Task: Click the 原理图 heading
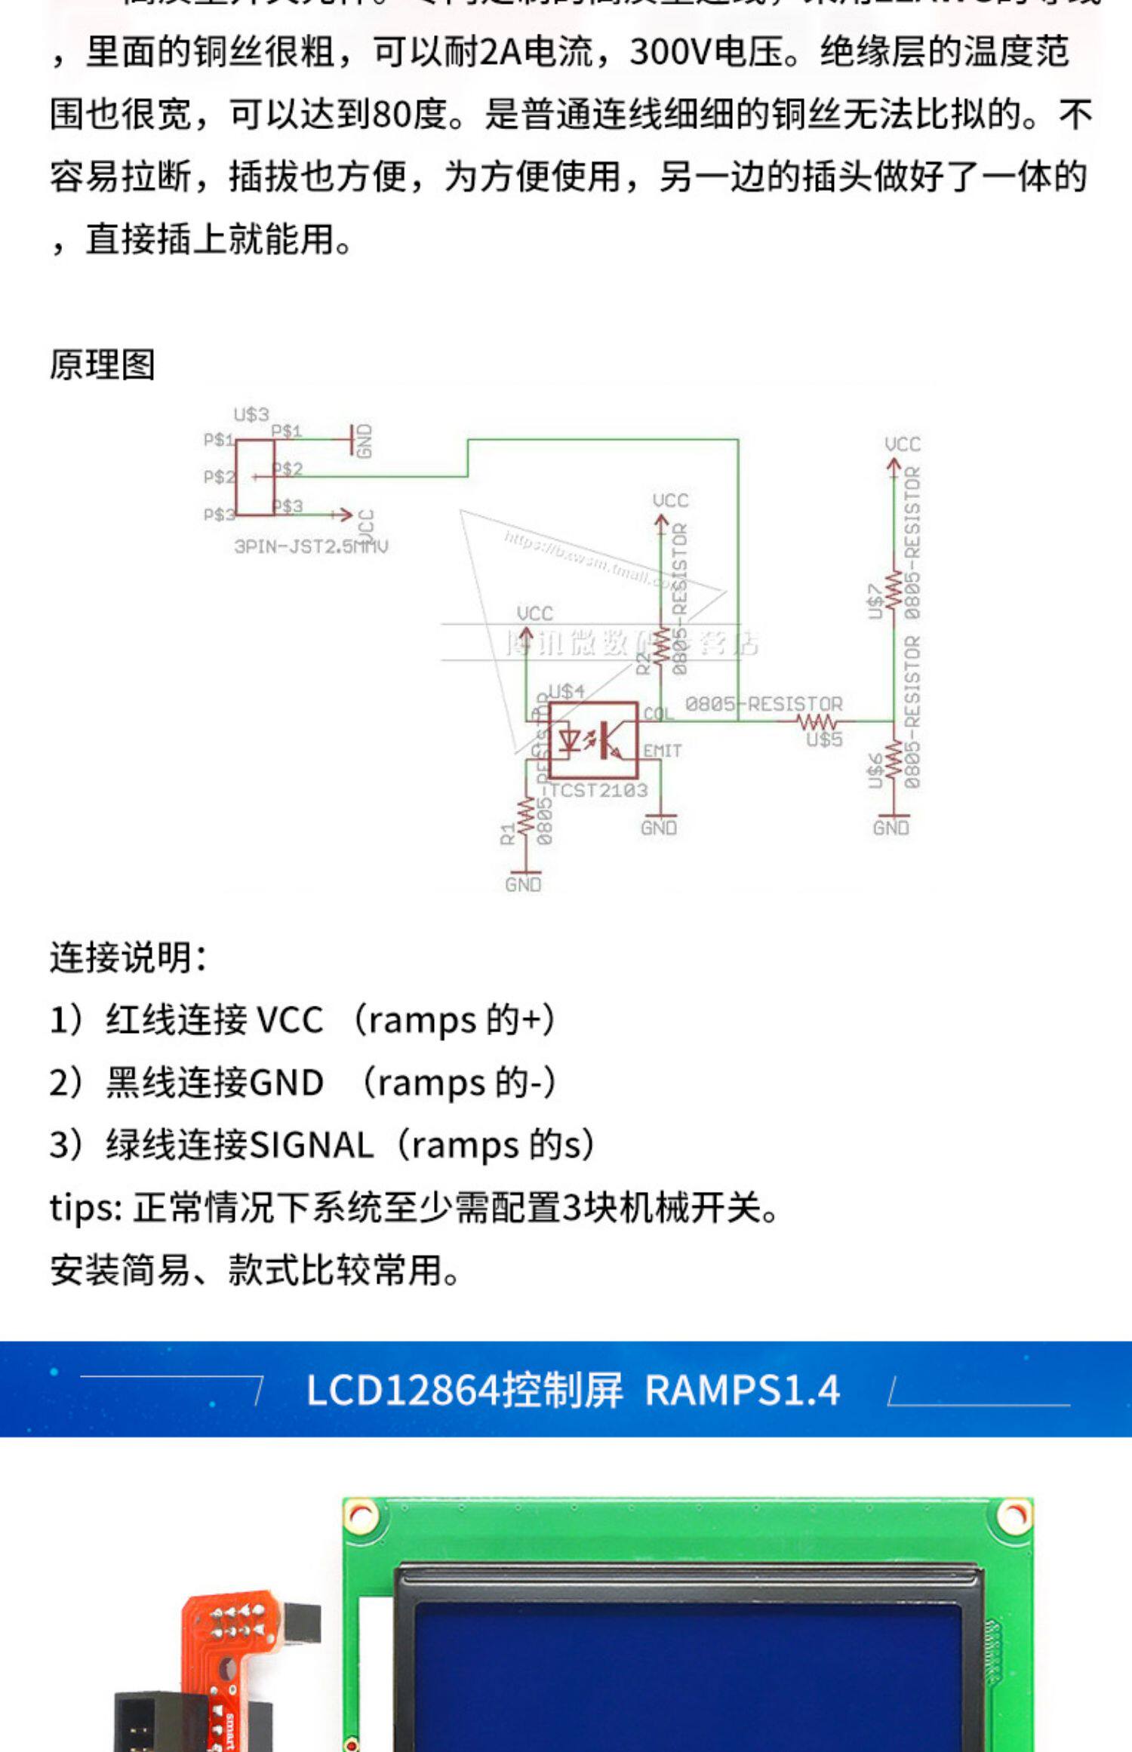(103, 365)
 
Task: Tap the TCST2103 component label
(598, 790)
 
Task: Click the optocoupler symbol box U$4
(593, 740)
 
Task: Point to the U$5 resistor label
(823, 739)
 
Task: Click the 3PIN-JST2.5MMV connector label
(311, 546)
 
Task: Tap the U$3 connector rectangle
(254, 478)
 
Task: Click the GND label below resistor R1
(523, 884)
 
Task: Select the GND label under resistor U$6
(891, 828)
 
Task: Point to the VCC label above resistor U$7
(903, 444)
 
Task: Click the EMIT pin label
(662, 752)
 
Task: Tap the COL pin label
(657, 713)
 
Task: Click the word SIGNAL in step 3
(311, 1145)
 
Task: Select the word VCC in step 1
(290, 1020)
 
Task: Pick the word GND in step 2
(286, 1083)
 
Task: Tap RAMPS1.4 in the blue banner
(742, 1390)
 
